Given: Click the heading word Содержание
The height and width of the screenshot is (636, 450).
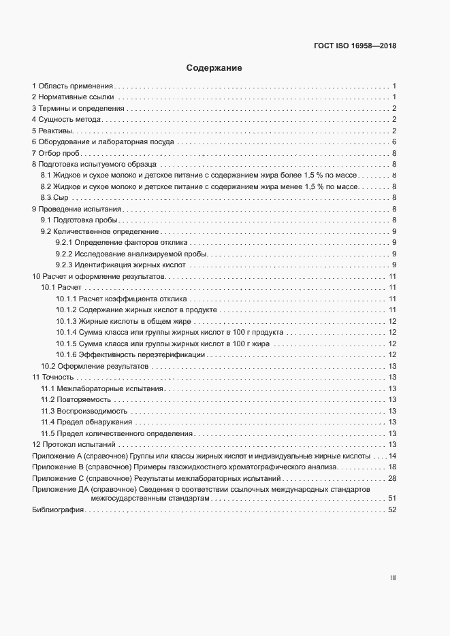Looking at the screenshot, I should (214, 68).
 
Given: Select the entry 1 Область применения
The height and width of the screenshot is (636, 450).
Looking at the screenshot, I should (72, 86).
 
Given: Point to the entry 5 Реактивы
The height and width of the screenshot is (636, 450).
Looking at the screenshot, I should (56, 131).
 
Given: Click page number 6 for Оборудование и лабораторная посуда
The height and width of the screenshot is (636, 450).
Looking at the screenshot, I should (394, 141).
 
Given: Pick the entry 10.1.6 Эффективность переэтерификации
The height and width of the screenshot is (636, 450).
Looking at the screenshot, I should (130, 354).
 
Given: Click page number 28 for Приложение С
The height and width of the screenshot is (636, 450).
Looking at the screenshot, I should (392, 478).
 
